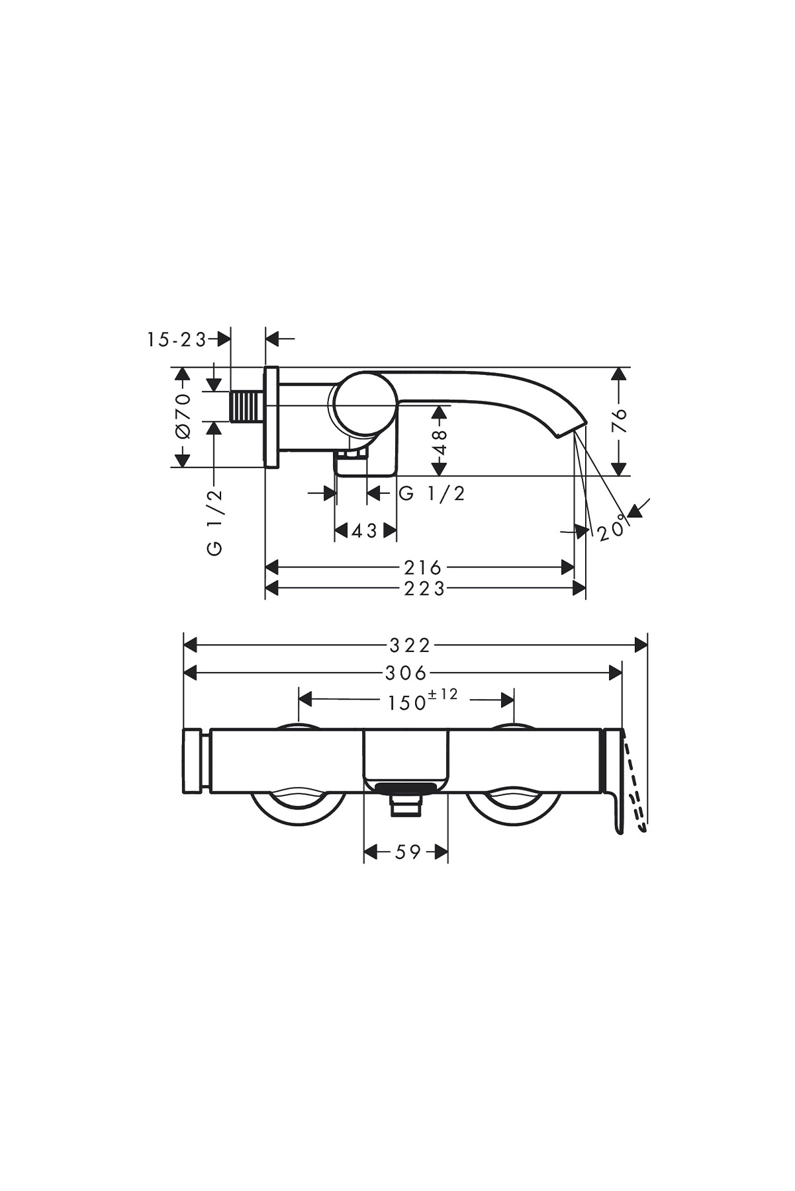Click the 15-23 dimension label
tap(177, 339)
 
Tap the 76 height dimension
tap(619, 421)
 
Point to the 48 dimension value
tap(440, 441)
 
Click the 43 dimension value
tap(365, 530)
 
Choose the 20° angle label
tap(612, 528)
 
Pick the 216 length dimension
tap(422, 567)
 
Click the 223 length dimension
tap(424, 588)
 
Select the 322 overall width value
tap(410, 645)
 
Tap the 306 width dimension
tap(406, 673)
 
